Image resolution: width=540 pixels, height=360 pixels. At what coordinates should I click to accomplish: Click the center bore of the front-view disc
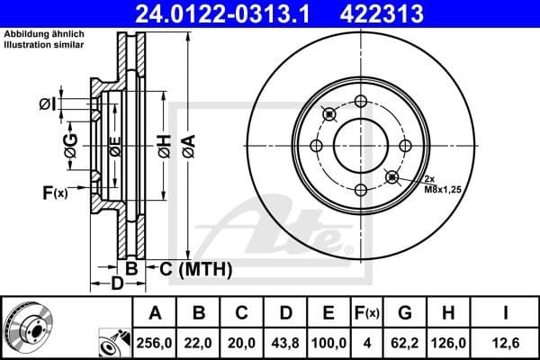pyautogui.click(x=360, y=144)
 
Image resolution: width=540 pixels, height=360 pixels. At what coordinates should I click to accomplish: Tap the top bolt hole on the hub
pyautogui.click(x=360, y=100)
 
